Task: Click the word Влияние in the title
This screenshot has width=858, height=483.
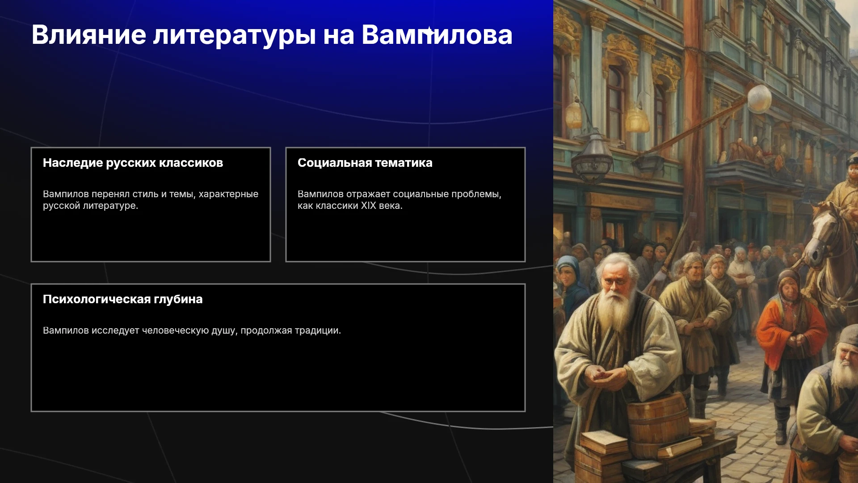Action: pyautogui.click(x=89, y=34)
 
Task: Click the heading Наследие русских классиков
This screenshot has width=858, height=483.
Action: pyautogui.click(x=133, y=163)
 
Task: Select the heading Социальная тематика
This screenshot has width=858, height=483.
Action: pyautogui.click(x=365, y=163)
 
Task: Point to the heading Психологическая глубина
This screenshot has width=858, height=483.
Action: pyautogui.click(x=123, y=299)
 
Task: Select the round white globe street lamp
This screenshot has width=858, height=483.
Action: pyautogui.click(x=759, y=98)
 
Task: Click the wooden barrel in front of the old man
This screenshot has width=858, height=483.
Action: pyautogui.click(x=657, y=420)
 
